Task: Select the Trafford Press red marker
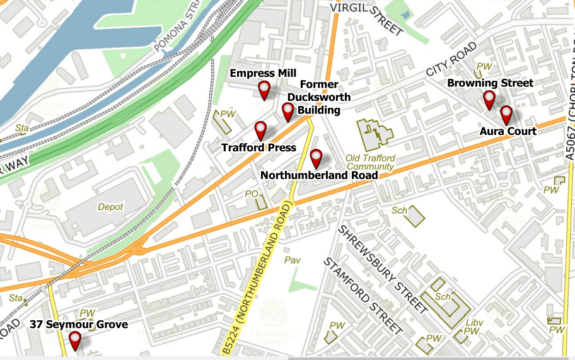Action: (x=260, y=131)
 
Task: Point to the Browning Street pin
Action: (x=489, y=100)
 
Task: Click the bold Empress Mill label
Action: (x=263, y=73)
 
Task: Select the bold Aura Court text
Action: (x=508, y=131)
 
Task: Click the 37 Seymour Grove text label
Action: (x=78, y=325)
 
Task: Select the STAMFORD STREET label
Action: (x=363, y=295)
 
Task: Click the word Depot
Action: (x=110, y=207)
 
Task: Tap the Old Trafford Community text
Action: (x=370, y=163)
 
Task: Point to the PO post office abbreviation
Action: (x=251, y=194)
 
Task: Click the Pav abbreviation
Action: (x=293, y=260)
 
